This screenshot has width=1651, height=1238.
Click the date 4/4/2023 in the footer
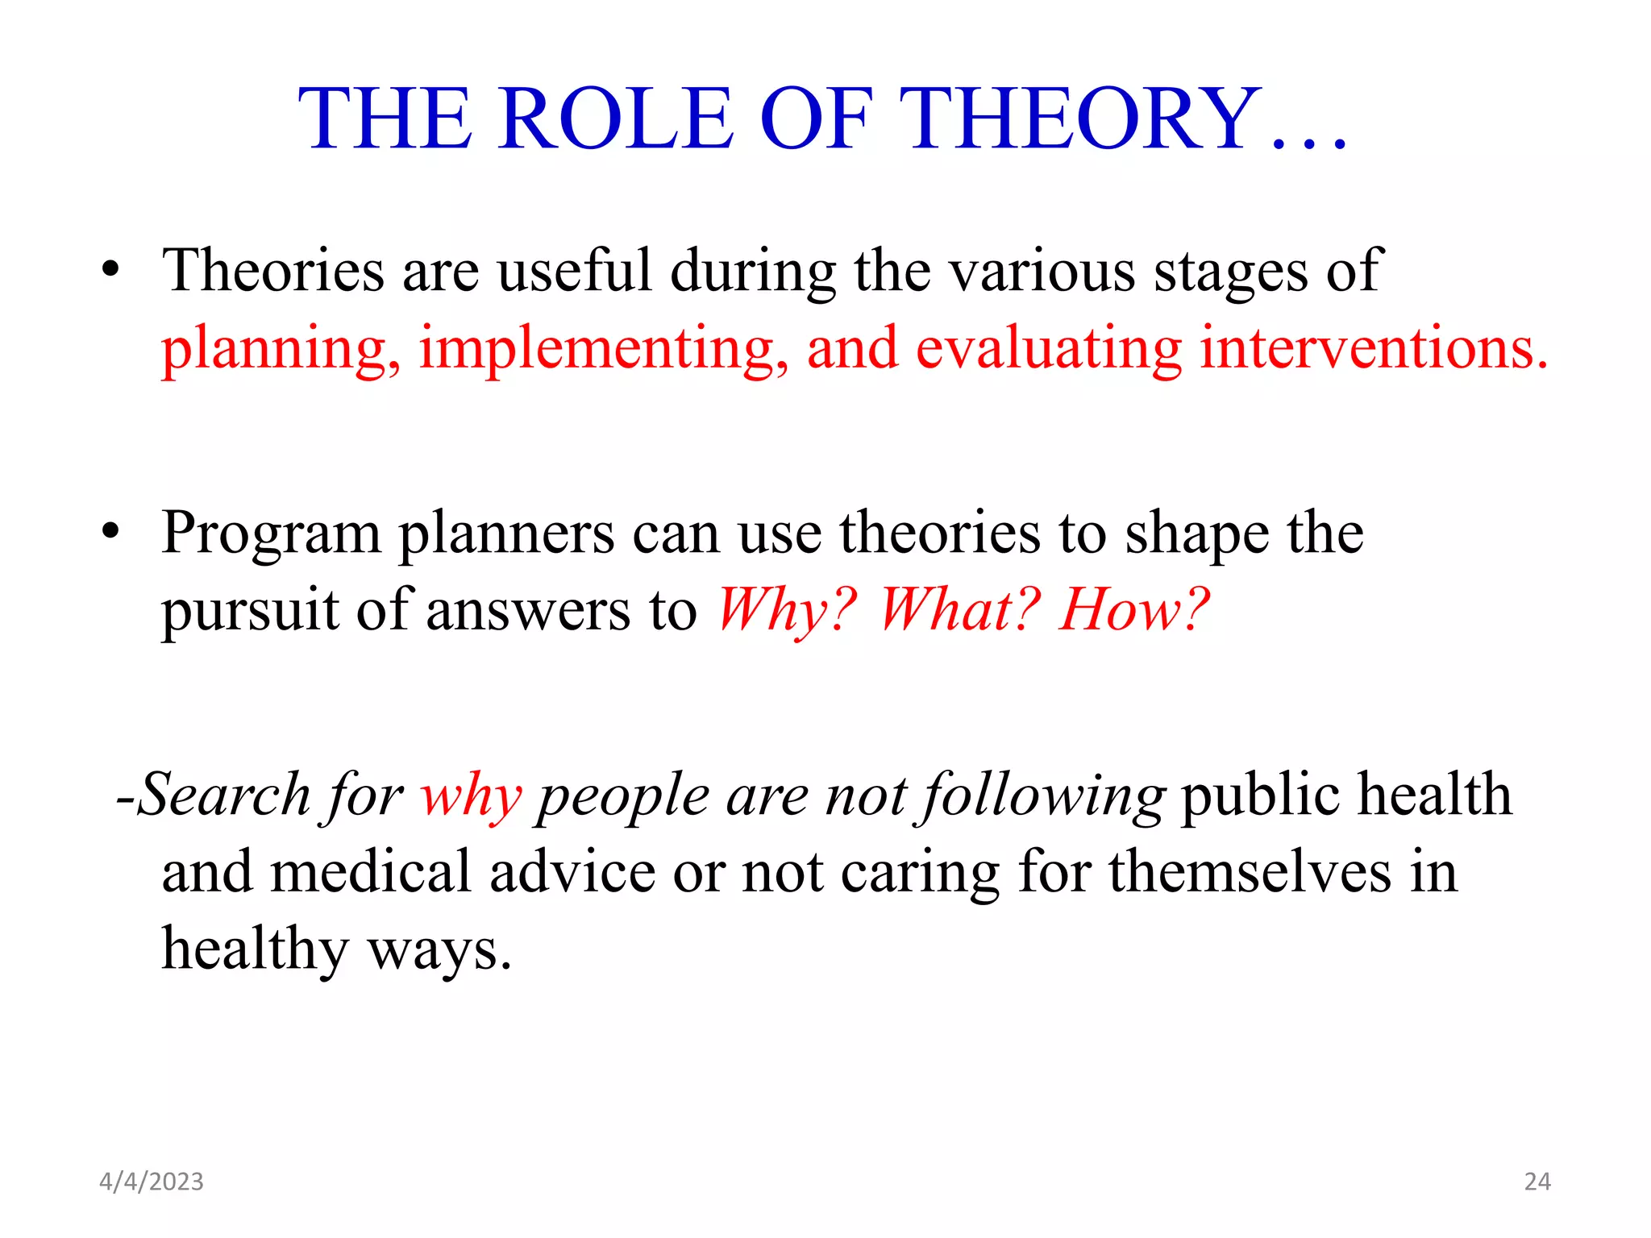[x=152, y=1182]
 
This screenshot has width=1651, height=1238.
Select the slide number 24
[x=1537, y=1182]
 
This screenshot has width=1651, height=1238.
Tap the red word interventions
[x=1374, y=348]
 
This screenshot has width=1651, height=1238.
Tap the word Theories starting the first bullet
[x=273, y=271]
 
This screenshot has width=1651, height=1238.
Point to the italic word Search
[x=224, y=795]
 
